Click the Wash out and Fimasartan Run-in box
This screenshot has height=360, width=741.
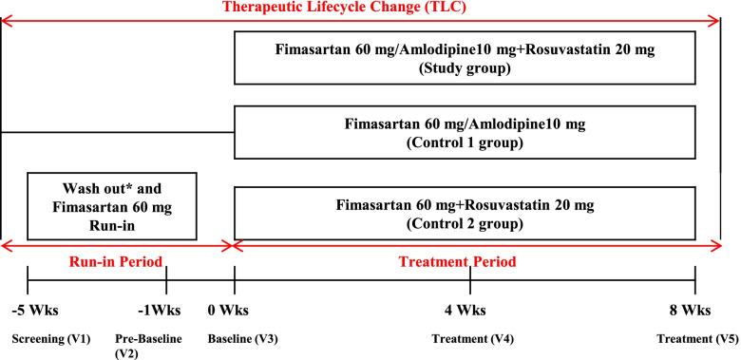click(111, 205)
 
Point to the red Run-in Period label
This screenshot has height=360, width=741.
click(114, 261)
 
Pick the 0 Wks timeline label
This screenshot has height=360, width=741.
click(235, 310)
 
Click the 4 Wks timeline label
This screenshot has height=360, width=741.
click(470, 310)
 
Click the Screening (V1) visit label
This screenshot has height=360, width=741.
click(43, 338)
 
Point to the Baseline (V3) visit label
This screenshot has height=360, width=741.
click(250, 338)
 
